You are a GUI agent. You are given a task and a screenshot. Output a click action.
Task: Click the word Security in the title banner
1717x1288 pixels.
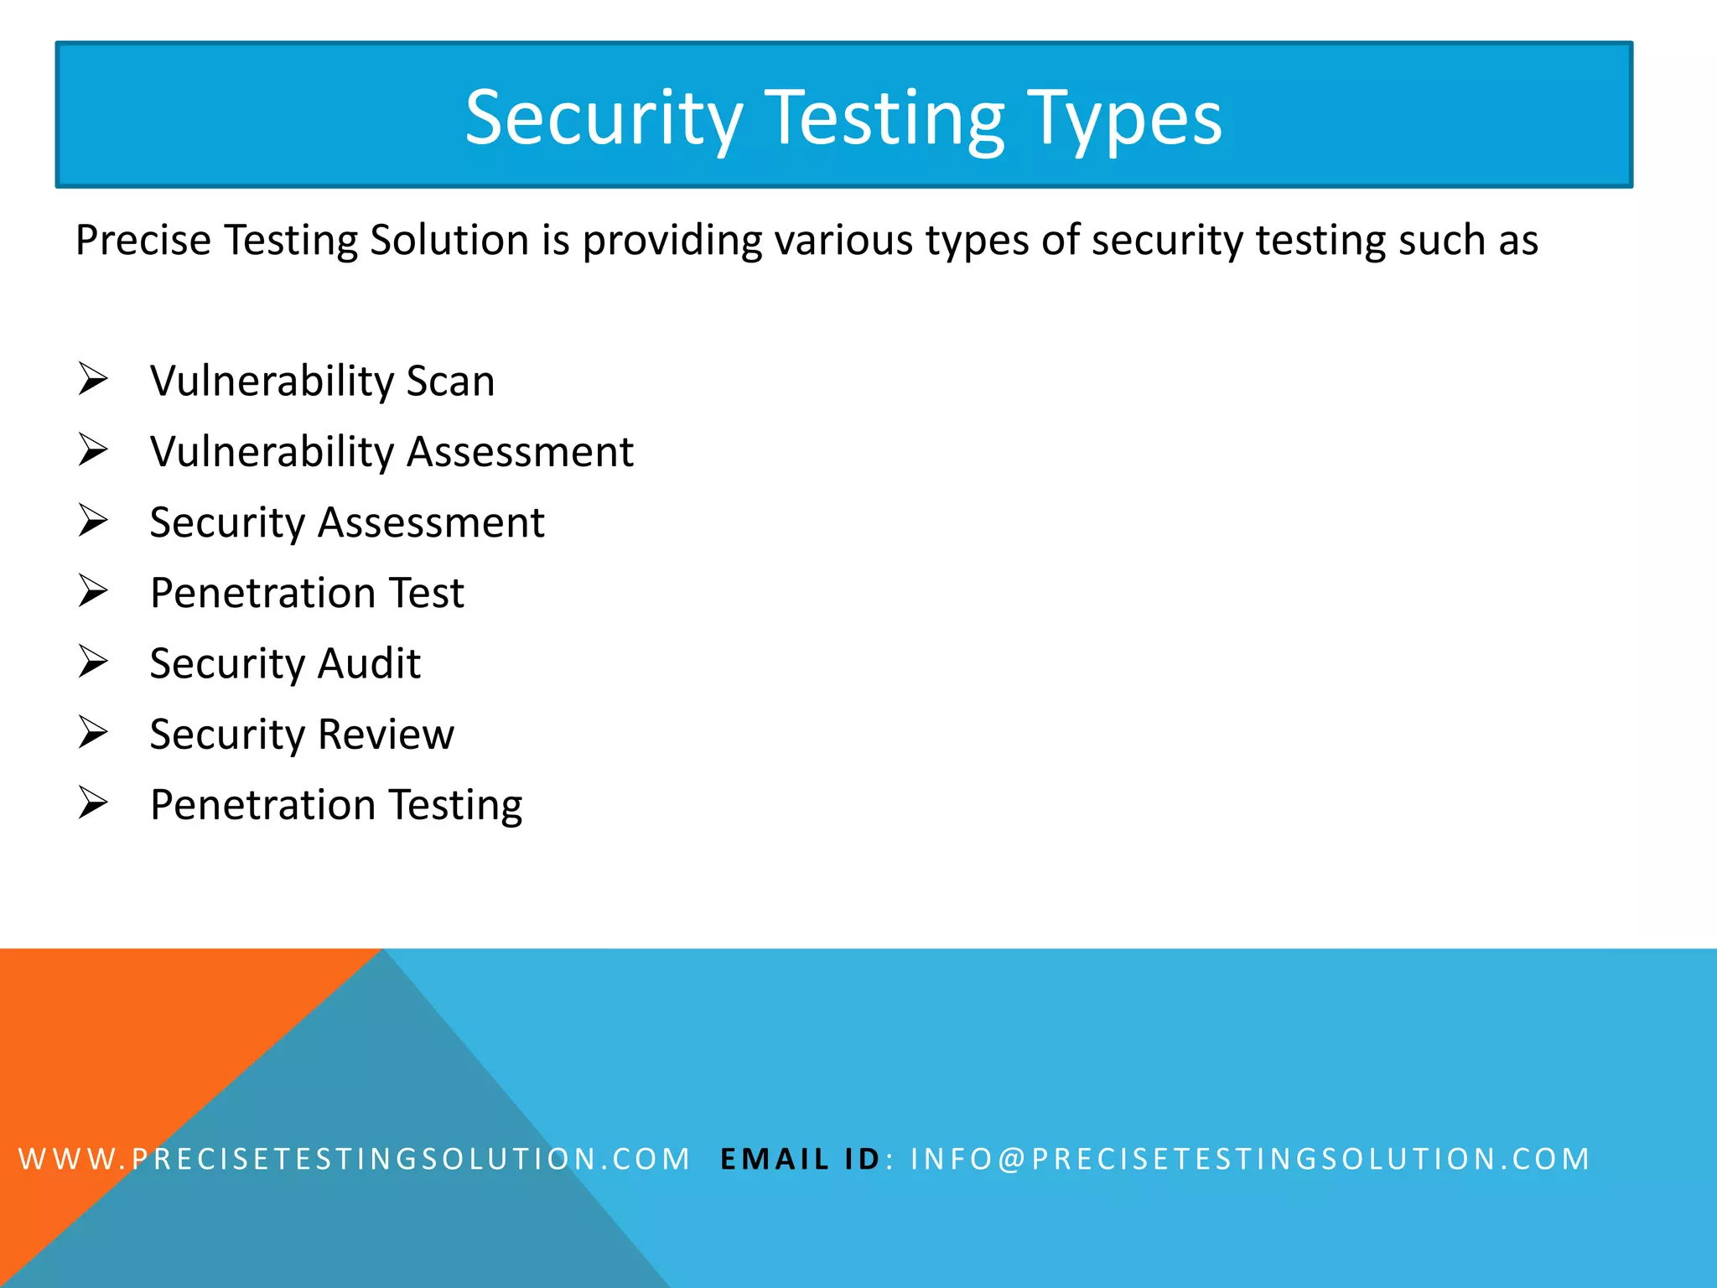click(604, 119)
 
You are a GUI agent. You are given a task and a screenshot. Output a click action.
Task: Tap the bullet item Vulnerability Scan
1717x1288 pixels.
click(322, 382)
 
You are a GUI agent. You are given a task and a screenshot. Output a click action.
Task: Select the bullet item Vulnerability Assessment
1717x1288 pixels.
click(392, 452)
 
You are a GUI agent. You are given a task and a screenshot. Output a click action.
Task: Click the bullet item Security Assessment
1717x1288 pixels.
click(347, 522)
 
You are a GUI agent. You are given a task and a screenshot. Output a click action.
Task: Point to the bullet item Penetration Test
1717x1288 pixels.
click(307, 593)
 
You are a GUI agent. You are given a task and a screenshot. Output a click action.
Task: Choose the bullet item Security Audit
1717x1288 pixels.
click(285, 663)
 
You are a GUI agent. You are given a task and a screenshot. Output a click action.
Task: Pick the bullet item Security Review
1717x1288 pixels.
click(302, 735)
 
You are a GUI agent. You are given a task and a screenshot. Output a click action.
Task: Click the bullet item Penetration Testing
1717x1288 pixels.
click(336, 805)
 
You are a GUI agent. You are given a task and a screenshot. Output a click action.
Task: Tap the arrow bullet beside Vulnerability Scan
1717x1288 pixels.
click(93, 379)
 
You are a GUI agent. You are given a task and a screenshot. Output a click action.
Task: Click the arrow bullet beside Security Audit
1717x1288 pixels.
click(93, 662)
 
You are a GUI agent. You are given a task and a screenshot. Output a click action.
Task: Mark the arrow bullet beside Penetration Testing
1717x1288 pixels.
click(93, 802)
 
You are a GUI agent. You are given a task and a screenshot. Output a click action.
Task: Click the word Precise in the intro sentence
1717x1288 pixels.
click(143, 241)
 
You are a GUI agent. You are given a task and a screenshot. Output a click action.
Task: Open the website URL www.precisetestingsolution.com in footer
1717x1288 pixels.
click(354, 1159)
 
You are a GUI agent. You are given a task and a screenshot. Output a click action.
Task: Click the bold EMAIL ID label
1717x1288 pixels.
click(800, 1159)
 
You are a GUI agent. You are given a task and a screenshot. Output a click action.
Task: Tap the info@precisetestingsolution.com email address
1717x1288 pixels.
click(1250, 1159)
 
